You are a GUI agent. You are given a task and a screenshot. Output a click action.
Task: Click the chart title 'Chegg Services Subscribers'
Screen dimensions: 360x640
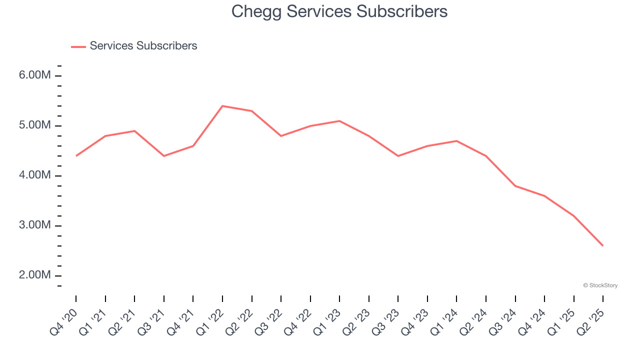339,12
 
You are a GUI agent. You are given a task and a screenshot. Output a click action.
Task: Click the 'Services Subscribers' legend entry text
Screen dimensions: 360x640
143,46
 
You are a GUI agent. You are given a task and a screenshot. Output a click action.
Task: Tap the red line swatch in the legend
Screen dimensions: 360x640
78,46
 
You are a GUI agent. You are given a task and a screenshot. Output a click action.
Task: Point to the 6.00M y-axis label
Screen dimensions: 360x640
34,75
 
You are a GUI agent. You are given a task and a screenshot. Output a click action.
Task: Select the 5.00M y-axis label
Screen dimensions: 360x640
34,125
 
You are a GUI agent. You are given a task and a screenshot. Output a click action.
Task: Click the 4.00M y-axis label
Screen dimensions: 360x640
34,175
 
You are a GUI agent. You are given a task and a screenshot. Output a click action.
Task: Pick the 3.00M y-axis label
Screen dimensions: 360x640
34,225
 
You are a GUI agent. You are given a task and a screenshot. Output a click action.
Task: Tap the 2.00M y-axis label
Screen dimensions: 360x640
34,275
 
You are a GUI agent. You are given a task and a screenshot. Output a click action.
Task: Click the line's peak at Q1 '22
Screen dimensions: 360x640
222,106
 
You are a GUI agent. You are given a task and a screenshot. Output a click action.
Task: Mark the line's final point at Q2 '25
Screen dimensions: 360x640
602,245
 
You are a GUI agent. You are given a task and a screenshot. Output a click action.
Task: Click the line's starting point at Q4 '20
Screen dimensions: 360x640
76,156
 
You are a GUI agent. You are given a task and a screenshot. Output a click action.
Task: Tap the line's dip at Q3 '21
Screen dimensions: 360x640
164,156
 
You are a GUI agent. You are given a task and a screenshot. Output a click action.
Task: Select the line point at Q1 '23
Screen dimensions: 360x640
339,121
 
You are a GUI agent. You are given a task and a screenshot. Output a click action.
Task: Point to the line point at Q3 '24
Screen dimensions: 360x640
515,186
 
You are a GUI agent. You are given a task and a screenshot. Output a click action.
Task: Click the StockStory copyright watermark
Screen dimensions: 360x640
600,285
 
